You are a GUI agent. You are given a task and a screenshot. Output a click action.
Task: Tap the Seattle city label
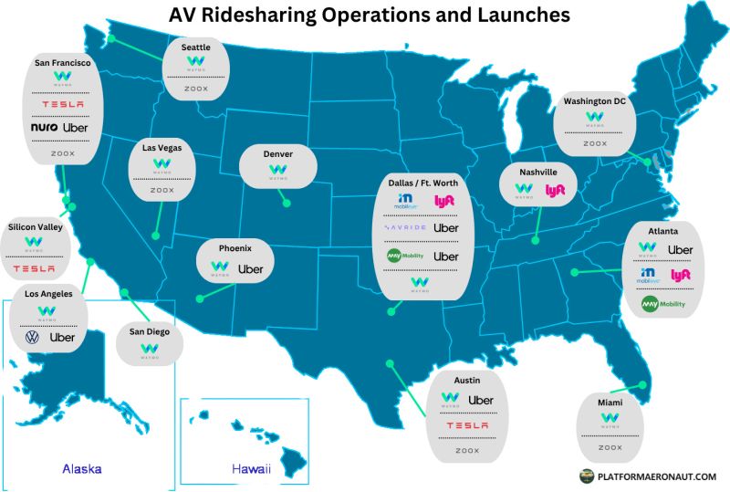pos(196,47)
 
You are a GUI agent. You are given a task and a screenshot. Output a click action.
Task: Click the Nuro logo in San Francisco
pos(45,128)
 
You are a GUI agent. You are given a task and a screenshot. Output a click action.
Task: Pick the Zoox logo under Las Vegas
pos(162,191)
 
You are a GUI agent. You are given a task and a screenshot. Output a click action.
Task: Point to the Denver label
pos(278,154)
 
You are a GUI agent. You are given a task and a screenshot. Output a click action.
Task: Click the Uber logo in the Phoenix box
pos(250,269)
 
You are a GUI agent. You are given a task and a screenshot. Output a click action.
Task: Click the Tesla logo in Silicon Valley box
pos(35,268)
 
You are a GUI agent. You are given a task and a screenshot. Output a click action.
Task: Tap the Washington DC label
pos(595,100)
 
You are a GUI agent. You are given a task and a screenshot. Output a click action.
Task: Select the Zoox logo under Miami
pos(610,447)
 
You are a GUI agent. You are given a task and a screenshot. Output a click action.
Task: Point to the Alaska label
pos(81,469)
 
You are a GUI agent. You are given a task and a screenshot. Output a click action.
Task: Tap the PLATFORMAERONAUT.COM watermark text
pos(656,476)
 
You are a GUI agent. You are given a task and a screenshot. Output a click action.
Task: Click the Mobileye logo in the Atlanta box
pos(647,274)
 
